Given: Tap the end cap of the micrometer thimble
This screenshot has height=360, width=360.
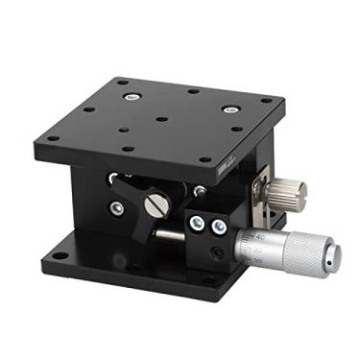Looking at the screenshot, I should click(x=336, y=255).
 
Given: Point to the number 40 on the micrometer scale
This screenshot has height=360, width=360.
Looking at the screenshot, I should click(x=260, y=234).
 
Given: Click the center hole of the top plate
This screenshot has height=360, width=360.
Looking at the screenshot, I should click(x=161, y=119).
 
